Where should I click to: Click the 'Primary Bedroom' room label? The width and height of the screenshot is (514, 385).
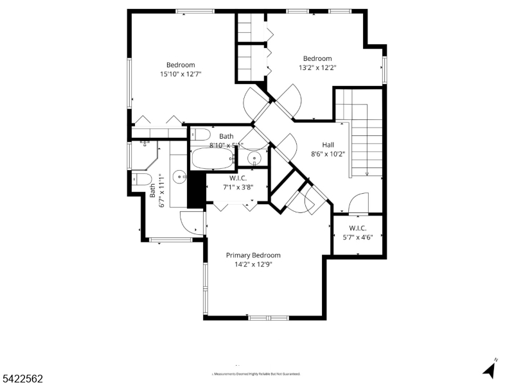point(253,255)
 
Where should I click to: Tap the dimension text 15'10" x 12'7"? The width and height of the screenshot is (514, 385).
point(181,74)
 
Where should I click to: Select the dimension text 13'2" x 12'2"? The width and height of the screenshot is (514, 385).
point(317,67)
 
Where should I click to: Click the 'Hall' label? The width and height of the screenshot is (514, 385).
point(328,144)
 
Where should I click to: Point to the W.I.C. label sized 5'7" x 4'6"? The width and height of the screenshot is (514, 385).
point(358,228)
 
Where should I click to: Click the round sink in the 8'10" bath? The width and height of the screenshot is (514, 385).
point(254,157)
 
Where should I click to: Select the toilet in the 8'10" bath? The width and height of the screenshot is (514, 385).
point(200,135)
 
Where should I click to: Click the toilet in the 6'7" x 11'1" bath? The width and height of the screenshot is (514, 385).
point(142,178)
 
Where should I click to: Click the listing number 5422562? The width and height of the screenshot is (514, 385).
point(22,379)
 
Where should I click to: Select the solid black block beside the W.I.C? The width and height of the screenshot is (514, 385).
point(195,189)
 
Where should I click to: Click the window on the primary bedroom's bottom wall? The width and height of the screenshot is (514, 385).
point(269,318)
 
